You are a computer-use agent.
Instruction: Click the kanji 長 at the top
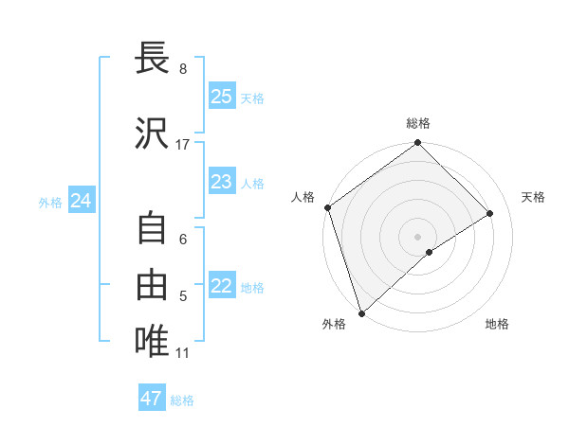coord(152,58)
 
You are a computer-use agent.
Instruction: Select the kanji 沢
coord(152,134)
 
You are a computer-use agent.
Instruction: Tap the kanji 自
coord(152,229)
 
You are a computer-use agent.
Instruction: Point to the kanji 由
coord(152,281)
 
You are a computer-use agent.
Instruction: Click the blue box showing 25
coord(221,97)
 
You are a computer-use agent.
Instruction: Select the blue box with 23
coord(221,182)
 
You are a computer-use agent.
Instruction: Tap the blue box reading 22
coord(221,287)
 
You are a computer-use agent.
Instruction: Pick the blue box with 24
coord(82,201)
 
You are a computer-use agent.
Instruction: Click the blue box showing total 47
coord(152,399)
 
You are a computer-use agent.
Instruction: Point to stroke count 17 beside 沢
coord(183,145)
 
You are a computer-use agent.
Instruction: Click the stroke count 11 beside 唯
coord(183,353)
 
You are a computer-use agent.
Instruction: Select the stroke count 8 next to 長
coord(183,69)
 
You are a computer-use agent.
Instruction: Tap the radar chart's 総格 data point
coord(417,144)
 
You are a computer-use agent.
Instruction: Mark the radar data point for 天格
coord(490,214)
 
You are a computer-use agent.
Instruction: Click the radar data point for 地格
coord(430,252)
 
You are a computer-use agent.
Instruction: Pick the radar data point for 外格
coord(360,312)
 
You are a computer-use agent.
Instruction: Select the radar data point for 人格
coord(327,207)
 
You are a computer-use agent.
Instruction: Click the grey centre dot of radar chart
coord(417,236)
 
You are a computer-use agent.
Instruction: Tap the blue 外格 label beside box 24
coord(50,202)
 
